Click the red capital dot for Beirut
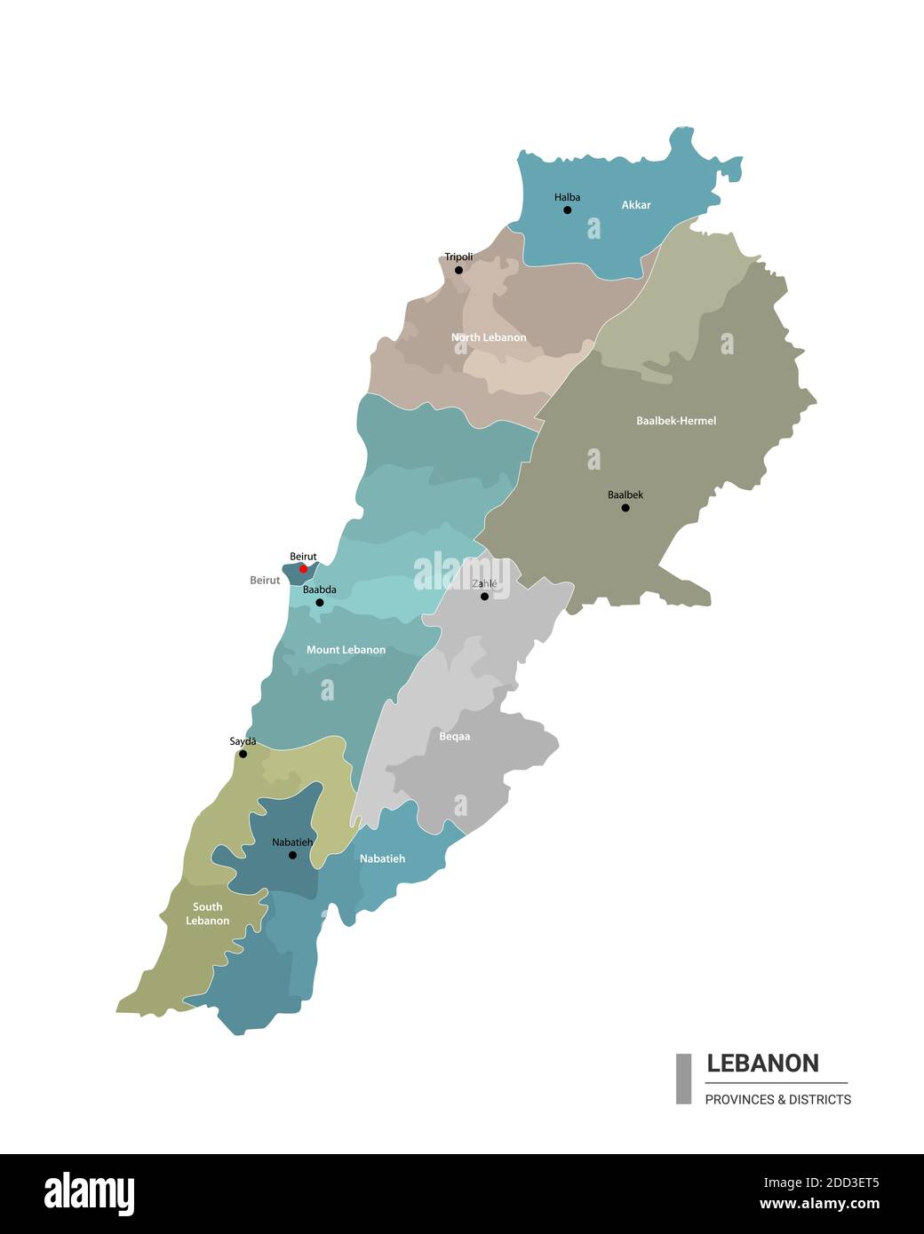303,569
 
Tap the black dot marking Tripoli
458,270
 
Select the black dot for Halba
568,210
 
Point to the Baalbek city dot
625,508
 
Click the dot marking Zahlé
484,597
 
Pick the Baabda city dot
320,603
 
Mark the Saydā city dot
243,754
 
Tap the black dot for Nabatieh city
292,855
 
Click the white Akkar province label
636,205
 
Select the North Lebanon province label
489,337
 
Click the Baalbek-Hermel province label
676,421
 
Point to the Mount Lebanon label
346,650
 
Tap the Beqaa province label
455,737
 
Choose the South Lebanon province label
208,914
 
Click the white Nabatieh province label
382,858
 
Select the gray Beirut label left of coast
265,581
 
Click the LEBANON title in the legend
762,1064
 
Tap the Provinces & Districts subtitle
777,1100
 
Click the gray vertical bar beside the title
683,1079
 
